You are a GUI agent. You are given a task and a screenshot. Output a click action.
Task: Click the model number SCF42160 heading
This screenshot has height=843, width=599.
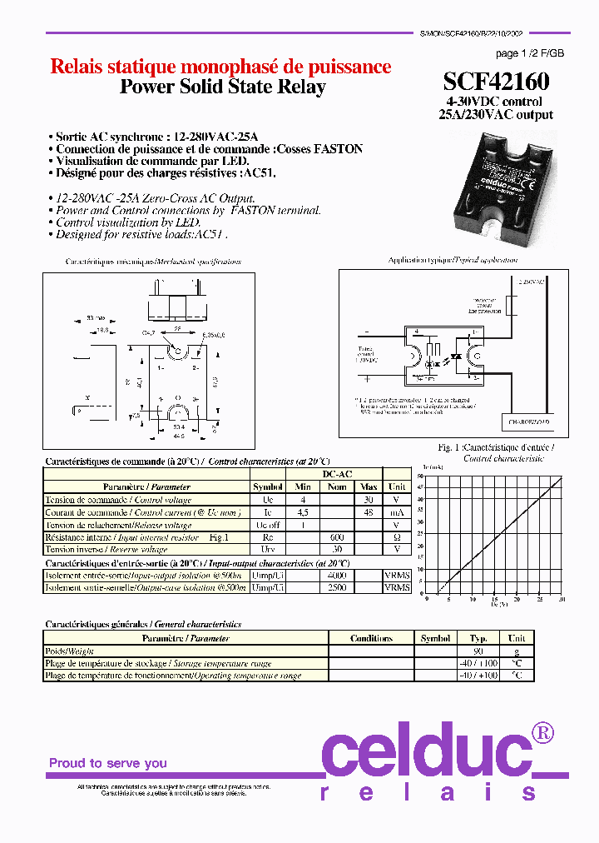[496, 82]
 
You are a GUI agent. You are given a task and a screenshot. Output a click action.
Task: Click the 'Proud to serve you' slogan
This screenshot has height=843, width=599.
[107, 763]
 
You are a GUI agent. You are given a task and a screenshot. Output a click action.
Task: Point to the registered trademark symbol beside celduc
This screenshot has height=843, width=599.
[542, 732]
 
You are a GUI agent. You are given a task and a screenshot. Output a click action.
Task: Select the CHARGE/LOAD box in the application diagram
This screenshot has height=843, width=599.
[525, 422]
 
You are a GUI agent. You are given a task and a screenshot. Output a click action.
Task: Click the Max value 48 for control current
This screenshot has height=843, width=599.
[369, 513]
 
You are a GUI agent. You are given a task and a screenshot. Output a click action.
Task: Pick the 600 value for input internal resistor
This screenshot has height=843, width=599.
[336, 537]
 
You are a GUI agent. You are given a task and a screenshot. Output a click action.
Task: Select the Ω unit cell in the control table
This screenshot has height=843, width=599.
[397, 537]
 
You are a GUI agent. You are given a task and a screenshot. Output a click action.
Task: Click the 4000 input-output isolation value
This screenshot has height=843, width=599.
[336, 575]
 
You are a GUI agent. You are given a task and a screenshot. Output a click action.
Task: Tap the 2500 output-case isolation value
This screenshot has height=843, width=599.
[336, 587]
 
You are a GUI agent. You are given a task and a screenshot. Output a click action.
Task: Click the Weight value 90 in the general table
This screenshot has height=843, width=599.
[478, 651]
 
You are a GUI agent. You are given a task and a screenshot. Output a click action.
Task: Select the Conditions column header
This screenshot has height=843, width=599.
[371, 638]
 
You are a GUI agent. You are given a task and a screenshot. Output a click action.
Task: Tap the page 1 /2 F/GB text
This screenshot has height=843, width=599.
[529, 52]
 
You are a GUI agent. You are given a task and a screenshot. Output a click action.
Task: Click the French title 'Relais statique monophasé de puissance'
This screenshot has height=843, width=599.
[220, 67]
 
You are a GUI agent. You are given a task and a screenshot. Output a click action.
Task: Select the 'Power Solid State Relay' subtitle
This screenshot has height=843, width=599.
[223, 87]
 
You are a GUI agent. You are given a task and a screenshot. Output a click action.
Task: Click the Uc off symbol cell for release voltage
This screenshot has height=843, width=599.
[268, 526]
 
